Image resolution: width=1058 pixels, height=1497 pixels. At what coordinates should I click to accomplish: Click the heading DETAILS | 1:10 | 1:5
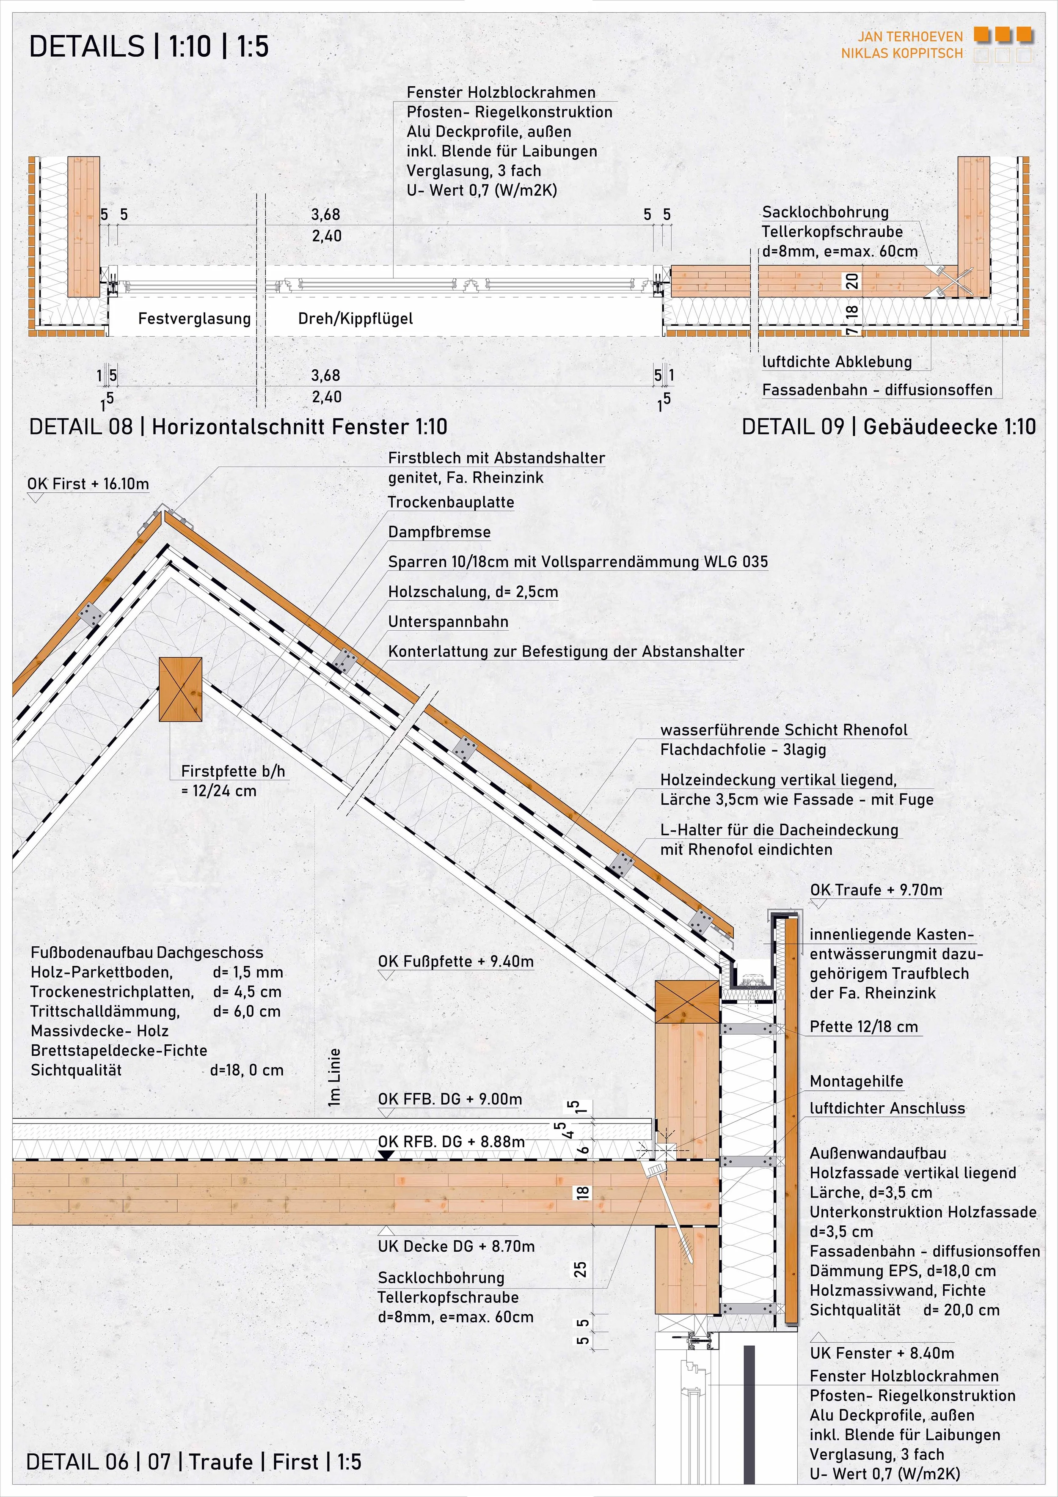pos(149,47)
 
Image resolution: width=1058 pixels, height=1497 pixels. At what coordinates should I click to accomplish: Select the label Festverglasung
pos(194,319)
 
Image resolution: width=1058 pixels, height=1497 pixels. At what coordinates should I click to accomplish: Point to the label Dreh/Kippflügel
pos(355,319)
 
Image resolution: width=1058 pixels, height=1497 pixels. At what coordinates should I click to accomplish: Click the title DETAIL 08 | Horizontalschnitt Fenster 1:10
pos(238,427)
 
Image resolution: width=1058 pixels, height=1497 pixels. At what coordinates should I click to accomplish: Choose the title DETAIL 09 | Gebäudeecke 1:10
pos(888,427)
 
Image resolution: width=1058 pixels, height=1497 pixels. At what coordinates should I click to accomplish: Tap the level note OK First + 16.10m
pos(88,484)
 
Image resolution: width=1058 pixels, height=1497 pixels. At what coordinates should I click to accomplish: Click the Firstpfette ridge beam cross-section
pos(181,689)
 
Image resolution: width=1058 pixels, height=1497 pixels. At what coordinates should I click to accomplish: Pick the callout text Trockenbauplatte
pos(451,502)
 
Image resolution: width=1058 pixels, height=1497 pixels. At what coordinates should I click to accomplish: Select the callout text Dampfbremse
pos(439,532)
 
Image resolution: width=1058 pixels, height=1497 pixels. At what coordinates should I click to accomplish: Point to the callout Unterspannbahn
pos(448,622)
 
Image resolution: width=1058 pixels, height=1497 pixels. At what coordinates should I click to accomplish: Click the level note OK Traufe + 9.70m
pos(876,890)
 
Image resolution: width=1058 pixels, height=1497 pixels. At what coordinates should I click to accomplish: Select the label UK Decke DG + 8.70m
pos(456,1246)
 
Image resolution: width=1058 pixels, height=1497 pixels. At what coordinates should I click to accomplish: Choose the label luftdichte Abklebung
pos(837,362)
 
